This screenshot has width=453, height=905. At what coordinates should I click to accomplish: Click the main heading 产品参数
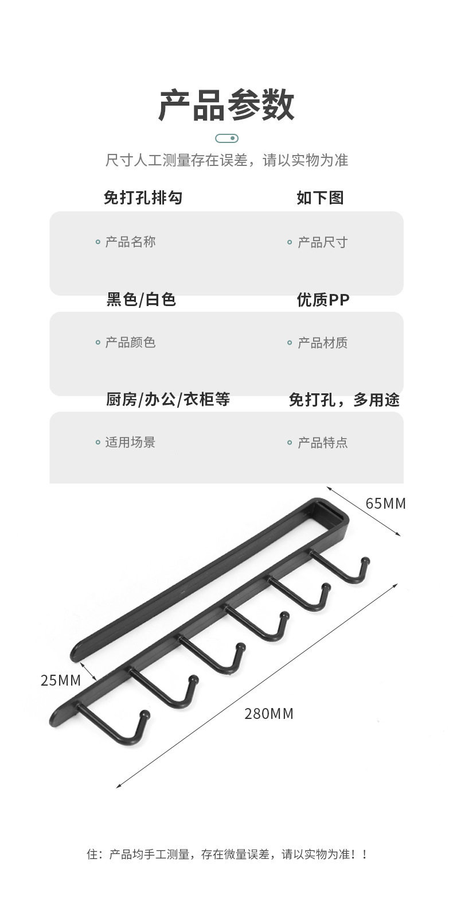[226, 106]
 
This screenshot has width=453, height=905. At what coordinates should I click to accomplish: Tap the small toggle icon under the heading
[226, 138]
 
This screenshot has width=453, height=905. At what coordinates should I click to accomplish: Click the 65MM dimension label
[385, 504]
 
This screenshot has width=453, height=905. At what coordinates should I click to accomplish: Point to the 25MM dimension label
[61, 680]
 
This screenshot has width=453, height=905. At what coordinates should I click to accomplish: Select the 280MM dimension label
[269, 714]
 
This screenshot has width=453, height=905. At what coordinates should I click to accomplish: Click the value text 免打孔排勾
[143, 198]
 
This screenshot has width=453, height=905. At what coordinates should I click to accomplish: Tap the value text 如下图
[320, 198]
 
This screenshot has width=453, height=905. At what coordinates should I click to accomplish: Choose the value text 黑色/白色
[141, 299]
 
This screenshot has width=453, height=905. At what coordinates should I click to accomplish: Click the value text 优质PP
[323, 299]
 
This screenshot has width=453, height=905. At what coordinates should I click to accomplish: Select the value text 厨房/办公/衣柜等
[168, 399]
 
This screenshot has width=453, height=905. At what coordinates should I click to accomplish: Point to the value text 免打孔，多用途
[344, 400]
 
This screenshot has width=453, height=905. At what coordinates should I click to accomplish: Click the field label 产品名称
[130, 242]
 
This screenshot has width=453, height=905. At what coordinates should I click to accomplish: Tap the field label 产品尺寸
[322, 242]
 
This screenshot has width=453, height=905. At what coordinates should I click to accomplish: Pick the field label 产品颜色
[130, 343]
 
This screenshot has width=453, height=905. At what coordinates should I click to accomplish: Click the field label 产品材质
[322, 343]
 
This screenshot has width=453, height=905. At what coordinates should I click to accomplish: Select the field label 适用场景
[130, 442]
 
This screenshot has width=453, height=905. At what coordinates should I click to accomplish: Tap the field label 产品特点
[322, 443]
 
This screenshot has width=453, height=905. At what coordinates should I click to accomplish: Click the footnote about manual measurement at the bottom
[226, 854]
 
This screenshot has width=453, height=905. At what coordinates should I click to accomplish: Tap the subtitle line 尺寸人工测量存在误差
[226, 160]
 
